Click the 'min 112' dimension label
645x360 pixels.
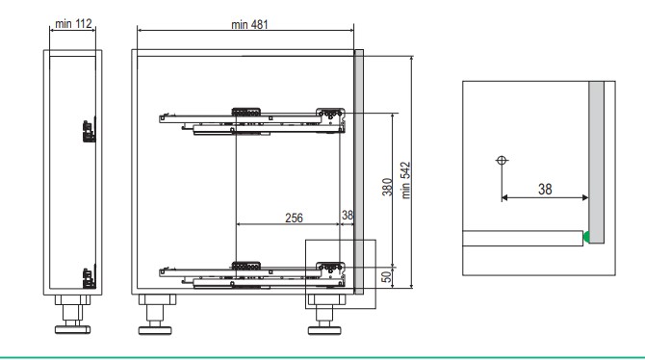(73, 24)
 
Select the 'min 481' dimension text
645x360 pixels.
(249, 25)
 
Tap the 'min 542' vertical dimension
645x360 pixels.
(405, 180)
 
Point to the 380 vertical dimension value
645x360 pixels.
(387, 187)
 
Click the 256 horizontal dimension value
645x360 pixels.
(294, 218)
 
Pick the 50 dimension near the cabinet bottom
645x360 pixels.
(387, 277)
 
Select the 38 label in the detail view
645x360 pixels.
(545, 190)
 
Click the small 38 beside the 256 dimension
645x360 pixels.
(348, 215)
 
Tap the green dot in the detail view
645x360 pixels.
(586, 237)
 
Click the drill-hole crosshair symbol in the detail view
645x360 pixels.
(502, 160)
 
